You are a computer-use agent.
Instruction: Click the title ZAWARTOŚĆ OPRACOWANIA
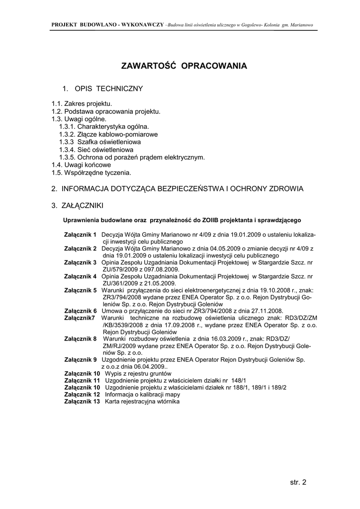click(184, 66)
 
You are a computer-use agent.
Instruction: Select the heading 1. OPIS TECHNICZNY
click(102, 88)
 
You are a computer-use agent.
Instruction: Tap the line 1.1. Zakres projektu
click(82, 103)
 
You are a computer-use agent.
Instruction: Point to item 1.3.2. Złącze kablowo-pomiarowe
click(108, 134)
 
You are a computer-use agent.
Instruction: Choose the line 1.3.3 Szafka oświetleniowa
click(99, 142)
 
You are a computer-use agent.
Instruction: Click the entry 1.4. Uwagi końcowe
click(81, 165)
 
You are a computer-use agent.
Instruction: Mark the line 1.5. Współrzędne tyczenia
click(91, 172)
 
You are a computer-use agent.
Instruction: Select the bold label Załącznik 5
click(81, 290)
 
